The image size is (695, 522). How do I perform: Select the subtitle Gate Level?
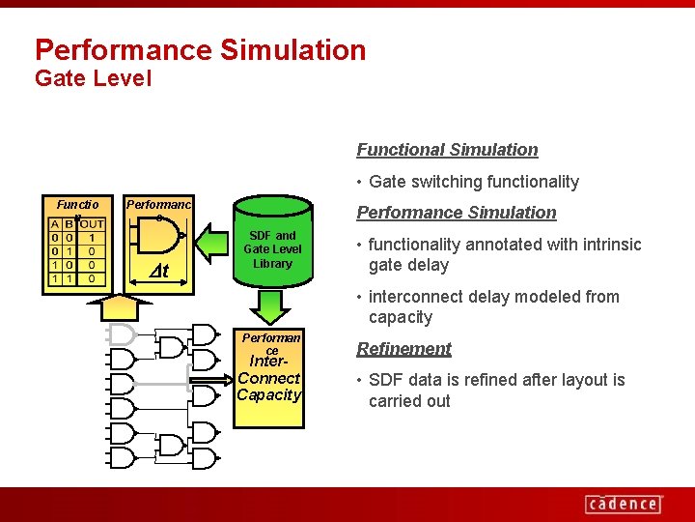point(93,78)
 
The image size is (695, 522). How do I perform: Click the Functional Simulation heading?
point(447,150)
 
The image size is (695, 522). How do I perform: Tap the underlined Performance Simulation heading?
point(457,213)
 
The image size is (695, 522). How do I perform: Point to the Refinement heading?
point(403,349)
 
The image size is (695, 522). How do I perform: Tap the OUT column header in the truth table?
point(91,224)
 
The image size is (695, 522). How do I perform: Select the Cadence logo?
point(624,503)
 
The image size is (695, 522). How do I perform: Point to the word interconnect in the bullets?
point(417,297)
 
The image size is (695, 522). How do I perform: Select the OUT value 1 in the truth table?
point(91,238)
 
